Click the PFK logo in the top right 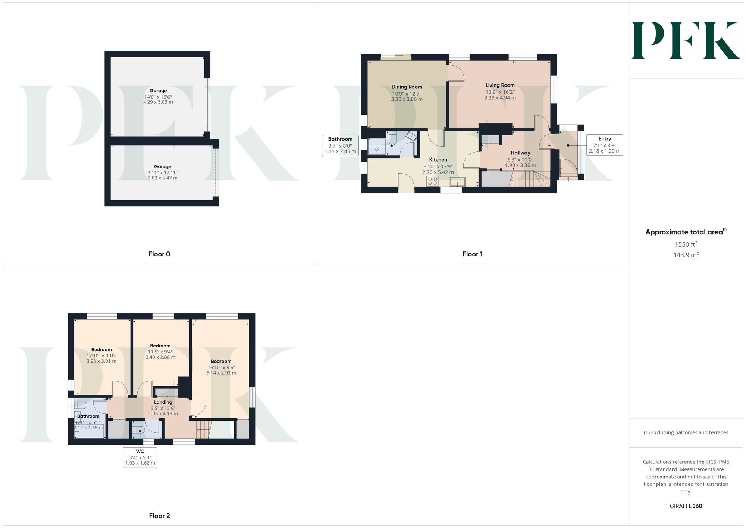[x=686, y=40]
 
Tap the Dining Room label [x=407, y=87]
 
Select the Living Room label [x=500, y=85]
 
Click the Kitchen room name [x=438, y=160]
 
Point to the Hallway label [x=520, y=153]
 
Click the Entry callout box [x=604, y=145]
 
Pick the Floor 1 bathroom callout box [x=340, y=145]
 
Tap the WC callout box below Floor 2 [x=140, y=457]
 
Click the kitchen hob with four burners [x=433, y=181]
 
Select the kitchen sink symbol [x=457, y=182]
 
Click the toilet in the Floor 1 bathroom [x=392, y=139]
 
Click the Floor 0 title [x=159, y=254]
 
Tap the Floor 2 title [x=159, y=516]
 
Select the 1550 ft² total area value [x=686, y=244]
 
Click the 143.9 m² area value [x=686, y=255]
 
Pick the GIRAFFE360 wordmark [x=686, y=506]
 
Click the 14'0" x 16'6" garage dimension [x=158, y=97]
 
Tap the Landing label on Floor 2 [x=163, y=402]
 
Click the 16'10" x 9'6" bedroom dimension [x=221, y=367]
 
